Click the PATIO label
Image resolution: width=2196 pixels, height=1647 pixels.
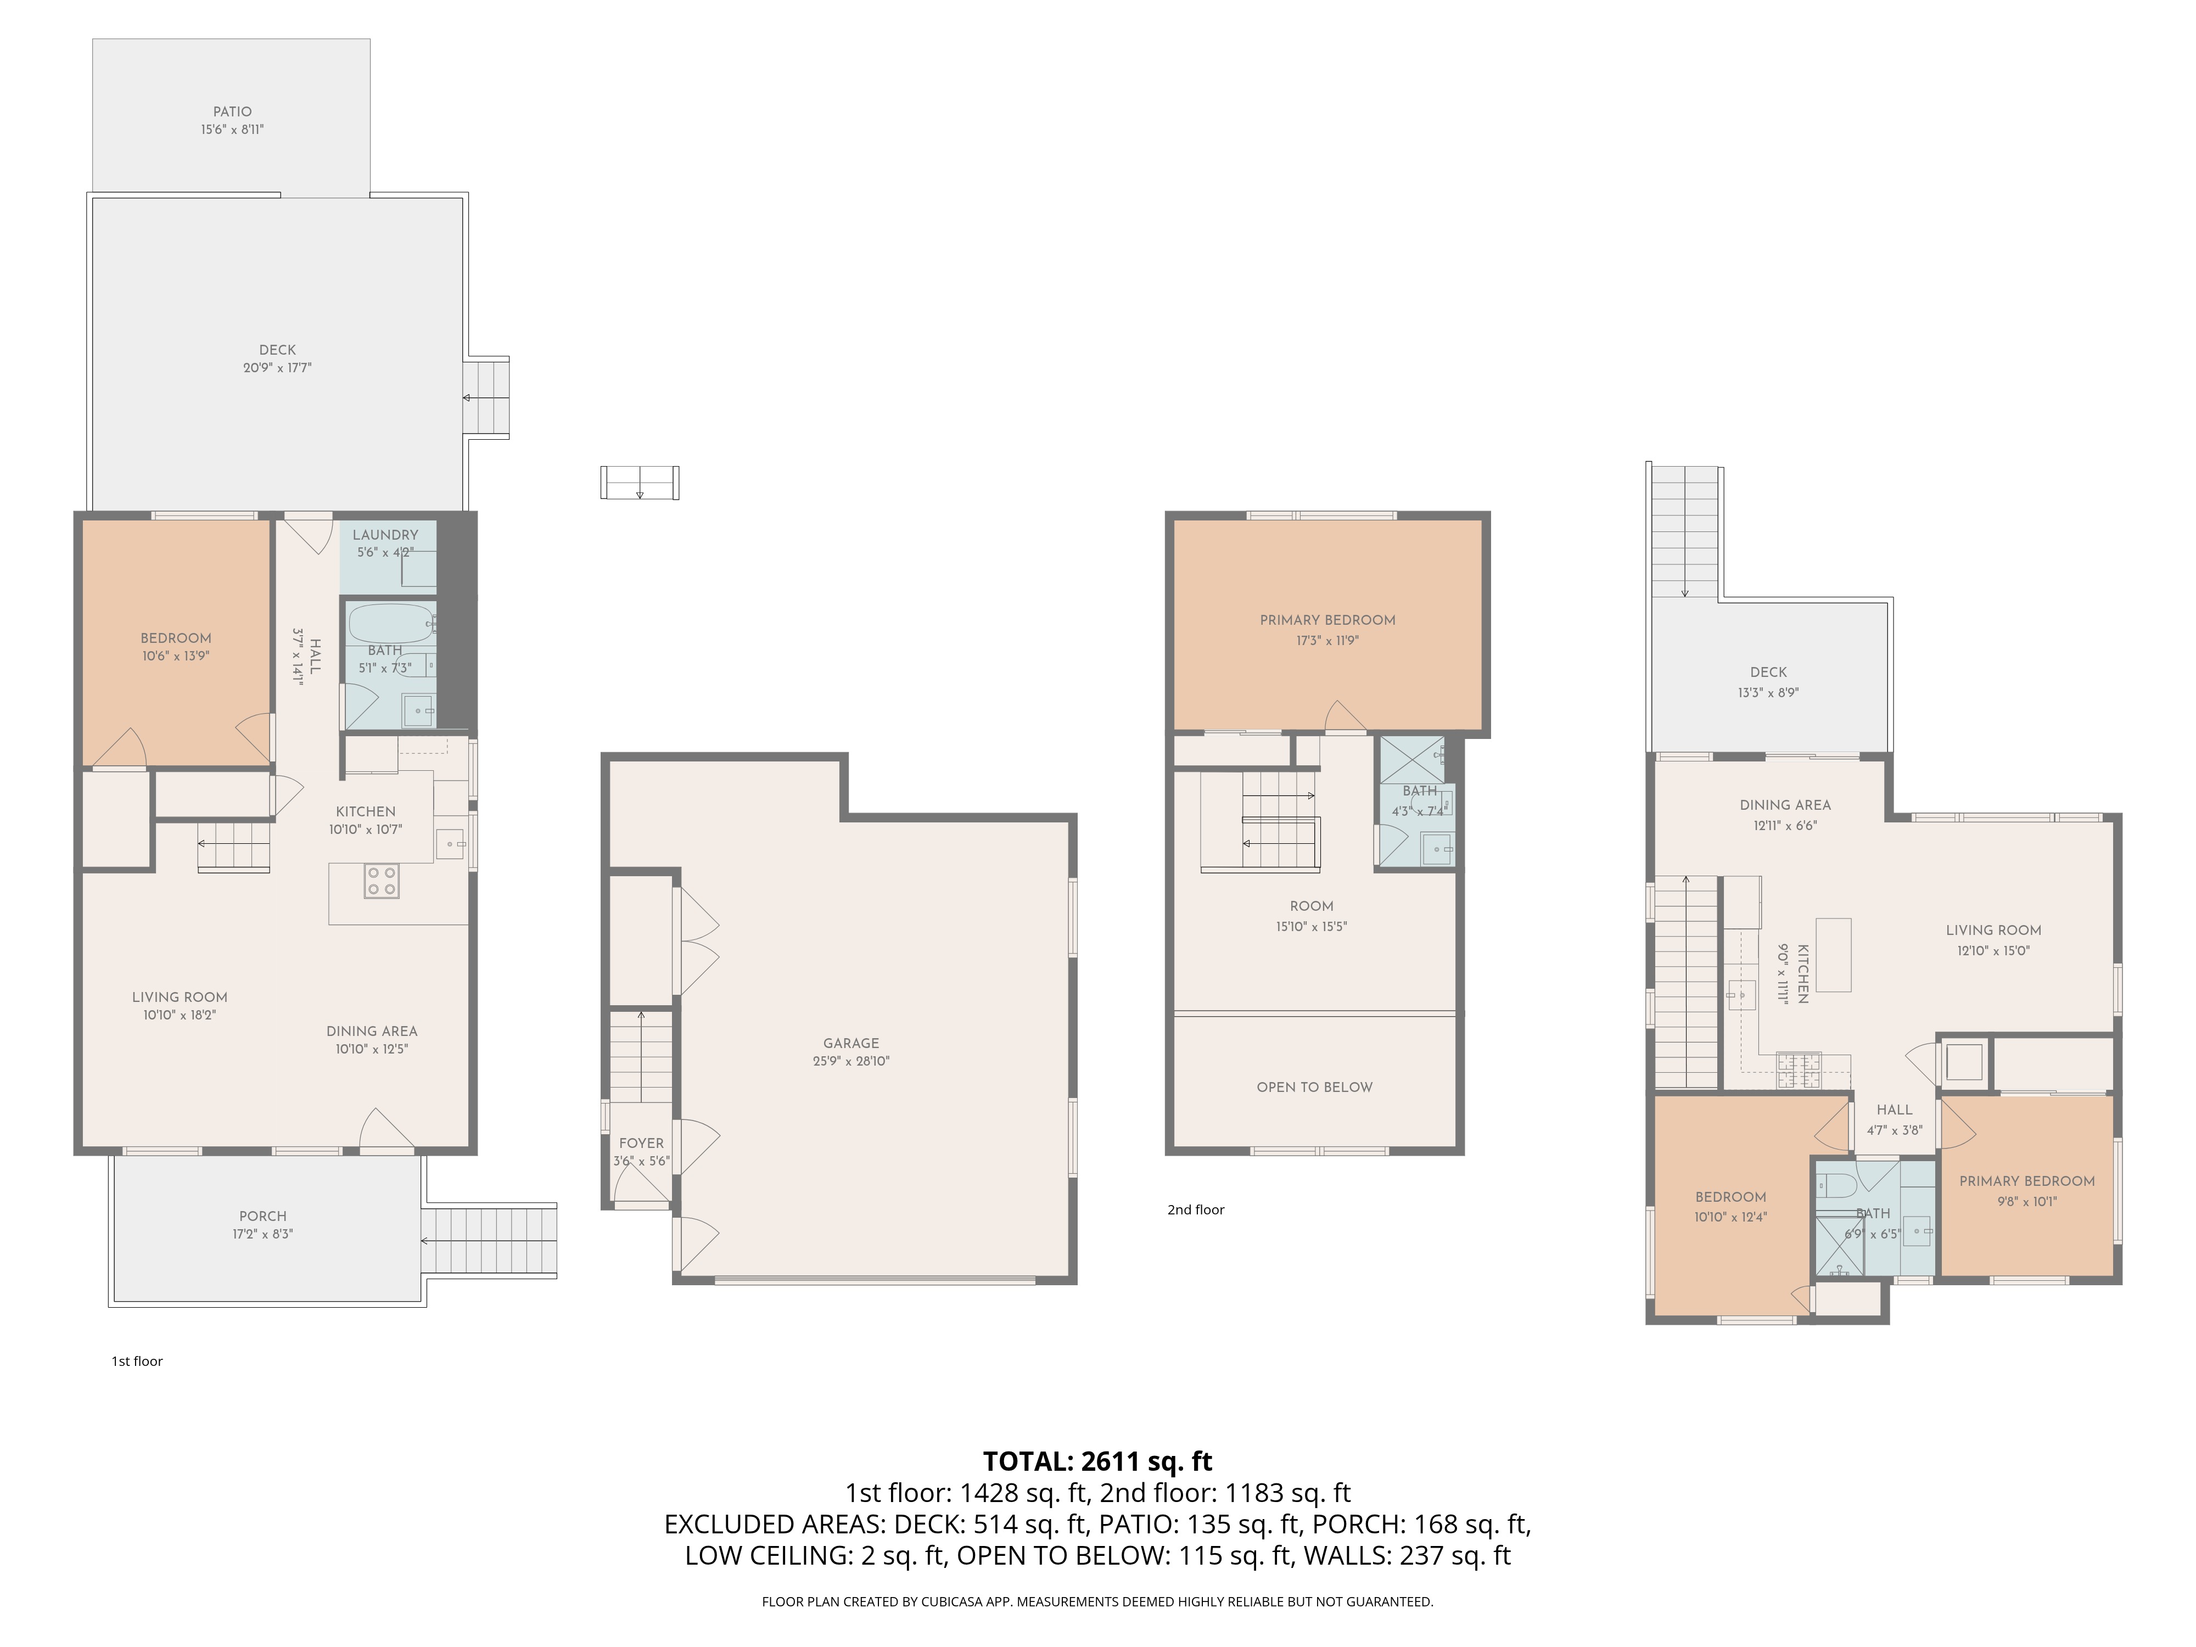232,111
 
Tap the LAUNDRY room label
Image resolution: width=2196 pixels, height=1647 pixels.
385,534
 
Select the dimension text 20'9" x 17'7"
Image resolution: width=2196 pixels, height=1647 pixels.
277,367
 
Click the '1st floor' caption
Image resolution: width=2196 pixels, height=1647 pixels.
137,1361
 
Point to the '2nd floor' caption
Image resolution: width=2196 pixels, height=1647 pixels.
1195,1209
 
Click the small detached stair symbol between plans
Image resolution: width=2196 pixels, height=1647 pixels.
640,483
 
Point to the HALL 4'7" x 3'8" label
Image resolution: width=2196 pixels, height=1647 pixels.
1894,1110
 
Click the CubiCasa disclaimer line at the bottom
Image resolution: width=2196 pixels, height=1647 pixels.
1097,1601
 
